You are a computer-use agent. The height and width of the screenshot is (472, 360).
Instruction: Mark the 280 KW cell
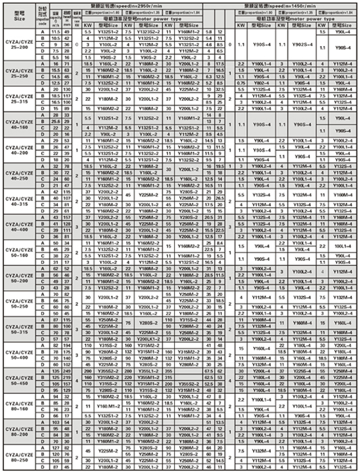click(x=126, y=371)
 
